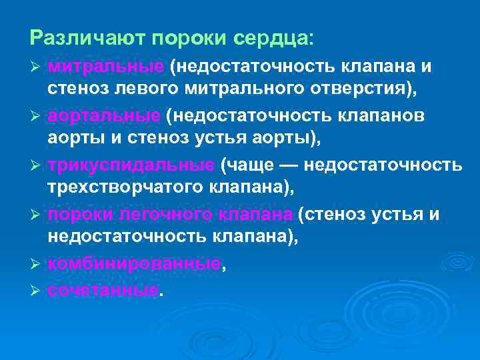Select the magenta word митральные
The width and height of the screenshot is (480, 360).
point(106,67)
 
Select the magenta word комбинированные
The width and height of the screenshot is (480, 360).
point(134,264)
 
